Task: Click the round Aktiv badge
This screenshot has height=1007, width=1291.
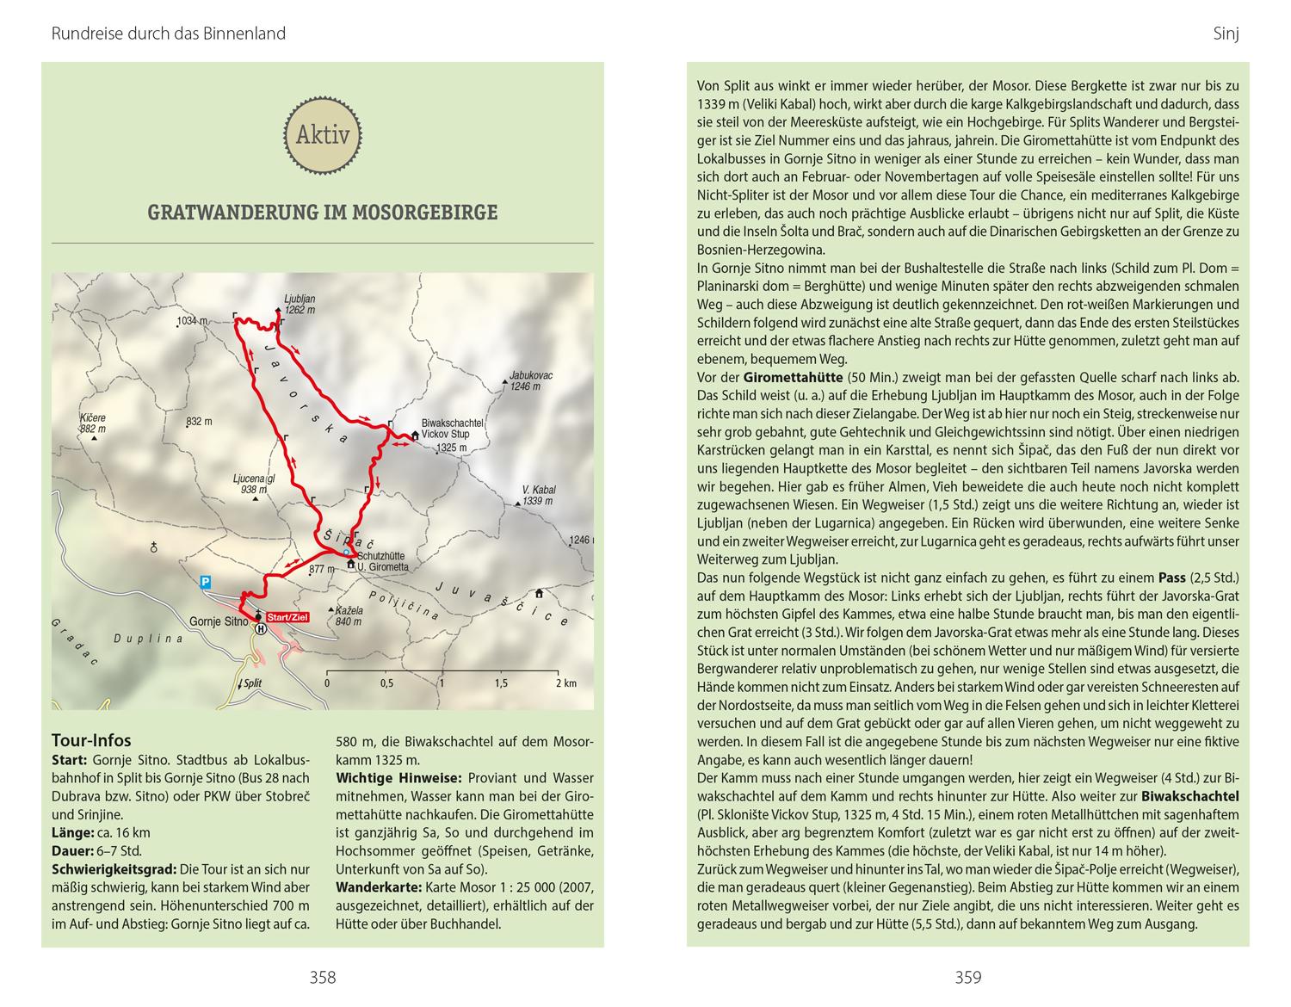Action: click(x=323, y=135)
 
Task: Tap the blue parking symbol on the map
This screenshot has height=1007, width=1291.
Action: click(x=205, y=582)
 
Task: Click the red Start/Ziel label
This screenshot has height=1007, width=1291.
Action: click(x=287, y=617)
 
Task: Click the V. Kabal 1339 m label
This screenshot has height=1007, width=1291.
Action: click(x=538, y=496)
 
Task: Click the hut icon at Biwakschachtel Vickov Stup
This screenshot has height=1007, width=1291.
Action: click(x=415, y=436)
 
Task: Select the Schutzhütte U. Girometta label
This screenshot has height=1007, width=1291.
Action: click(x=382, y=562)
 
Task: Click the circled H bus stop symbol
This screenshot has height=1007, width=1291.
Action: click(x=261, y=629)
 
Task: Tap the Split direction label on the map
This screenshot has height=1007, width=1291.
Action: click(x=251, y=683)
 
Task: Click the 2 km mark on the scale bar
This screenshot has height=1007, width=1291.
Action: click(x=565, y=683)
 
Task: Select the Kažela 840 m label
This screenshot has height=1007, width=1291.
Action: click(x=349, y=615)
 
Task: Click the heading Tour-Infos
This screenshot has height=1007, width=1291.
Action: click(x=91, y=740)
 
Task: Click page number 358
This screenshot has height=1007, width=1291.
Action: click(x=323, y=977)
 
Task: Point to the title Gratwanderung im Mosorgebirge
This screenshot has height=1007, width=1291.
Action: click(x=323, y=213)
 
